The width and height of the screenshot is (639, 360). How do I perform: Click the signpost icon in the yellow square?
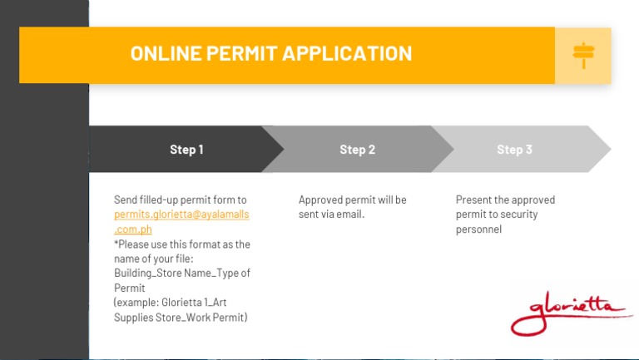click(x=583, y=55)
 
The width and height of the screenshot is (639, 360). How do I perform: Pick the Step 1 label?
click(x=186, y=150)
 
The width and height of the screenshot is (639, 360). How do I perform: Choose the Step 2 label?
click(x=357, y=150)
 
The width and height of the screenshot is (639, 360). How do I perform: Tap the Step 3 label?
click(x=514, y=150)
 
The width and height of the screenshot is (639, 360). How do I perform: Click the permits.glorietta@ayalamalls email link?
click(x=181, y=215)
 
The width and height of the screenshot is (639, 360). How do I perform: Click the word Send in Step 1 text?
click(x=126, y=200)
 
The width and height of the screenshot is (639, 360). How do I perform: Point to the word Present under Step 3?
click(x=473, y=200)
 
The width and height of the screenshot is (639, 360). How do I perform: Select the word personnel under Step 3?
click(x=478, y=229)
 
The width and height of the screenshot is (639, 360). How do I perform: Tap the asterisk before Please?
click(x=116, y=244)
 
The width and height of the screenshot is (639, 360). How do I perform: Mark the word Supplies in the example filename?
click(x=134, y=318)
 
